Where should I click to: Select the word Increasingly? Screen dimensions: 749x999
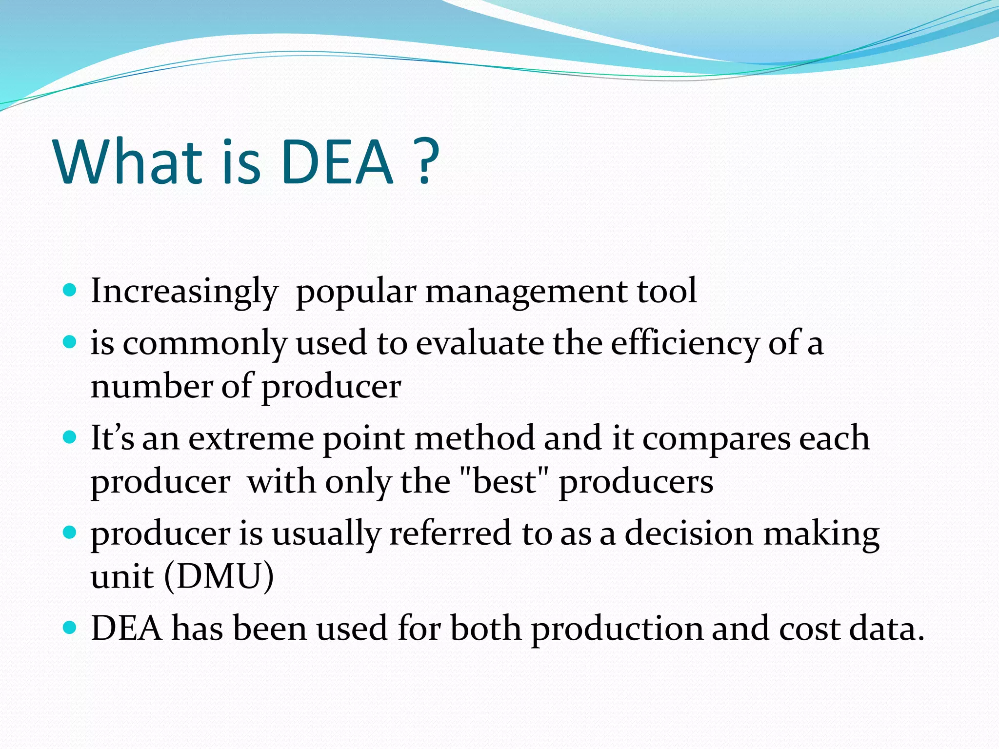[x=184, y=292]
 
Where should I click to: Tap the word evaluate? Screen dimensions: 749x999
[x=480, y=343]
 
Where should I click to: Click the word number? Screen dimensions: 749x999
[x=151, y=386]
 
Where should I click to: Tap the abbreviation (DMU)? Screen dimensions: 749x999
[x=219, y=577]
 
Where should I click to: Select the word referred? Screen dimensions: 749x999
[x=450, y=533]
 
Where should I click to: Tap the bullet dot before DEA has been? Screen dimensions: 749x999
[x=70, y=627]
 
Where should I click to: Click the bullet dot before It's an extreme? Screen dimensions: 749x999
[x=70, y=436]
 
